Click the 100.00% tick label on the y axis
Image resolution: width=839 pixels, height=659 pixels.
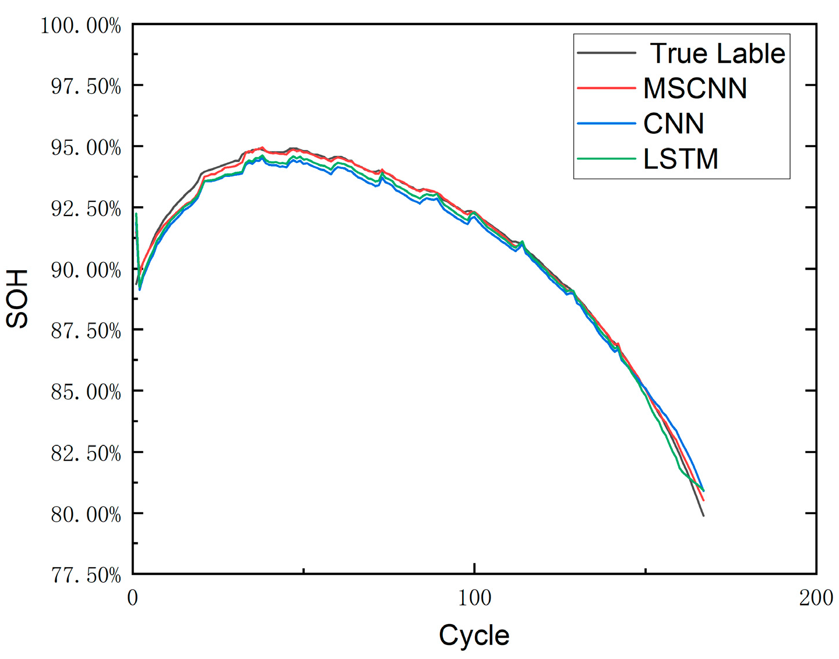[80, 26]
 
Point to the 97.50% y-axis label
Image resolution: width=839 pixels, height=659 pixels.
[86, 87]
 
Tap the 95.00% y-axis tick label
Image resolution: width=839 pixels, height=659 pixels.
[86, 148]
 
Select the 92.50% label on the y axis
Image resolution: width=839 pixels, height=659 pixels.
[86, 209]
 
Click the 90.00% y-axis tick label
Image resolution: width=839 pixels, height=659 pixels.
[86, 270]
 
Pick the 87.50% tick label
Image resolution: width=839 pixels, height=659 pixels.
[86, 331]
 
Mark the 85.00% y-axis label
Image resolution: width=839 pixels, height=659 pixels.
[86, 392]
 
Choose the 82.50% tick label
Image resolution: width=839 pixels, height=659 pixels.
[86, 453]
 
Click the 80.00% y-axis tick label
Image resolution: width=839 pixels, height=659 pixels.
[86, 515]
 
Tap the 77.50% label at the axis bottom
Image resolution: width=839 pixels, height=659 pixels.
[86, 576]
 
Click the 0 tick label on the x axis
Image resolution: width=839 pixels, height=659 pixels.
[133, 598]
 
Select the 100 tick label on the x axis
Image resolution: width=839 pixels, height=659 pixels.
[474, 598]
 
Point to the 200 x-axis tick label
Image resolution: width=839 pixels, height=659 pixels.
[816, 598]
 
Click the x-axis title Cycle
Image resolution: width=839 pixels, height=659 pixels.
[474, 635]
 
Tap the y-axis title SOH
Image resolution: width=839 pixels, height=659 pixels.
[17, 299]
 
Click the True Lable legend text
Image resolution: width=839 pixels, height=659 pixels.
[717, 54]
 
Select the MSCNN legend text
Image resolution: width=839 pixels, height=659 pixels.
[695, 88]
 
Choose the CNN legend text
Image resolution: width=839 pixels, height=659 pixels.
[674, 123]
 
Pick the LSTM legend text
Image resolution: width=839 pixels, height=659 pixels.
[681, 159]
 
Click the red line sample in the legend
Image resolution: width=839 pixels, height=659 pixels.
[606, 88]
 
